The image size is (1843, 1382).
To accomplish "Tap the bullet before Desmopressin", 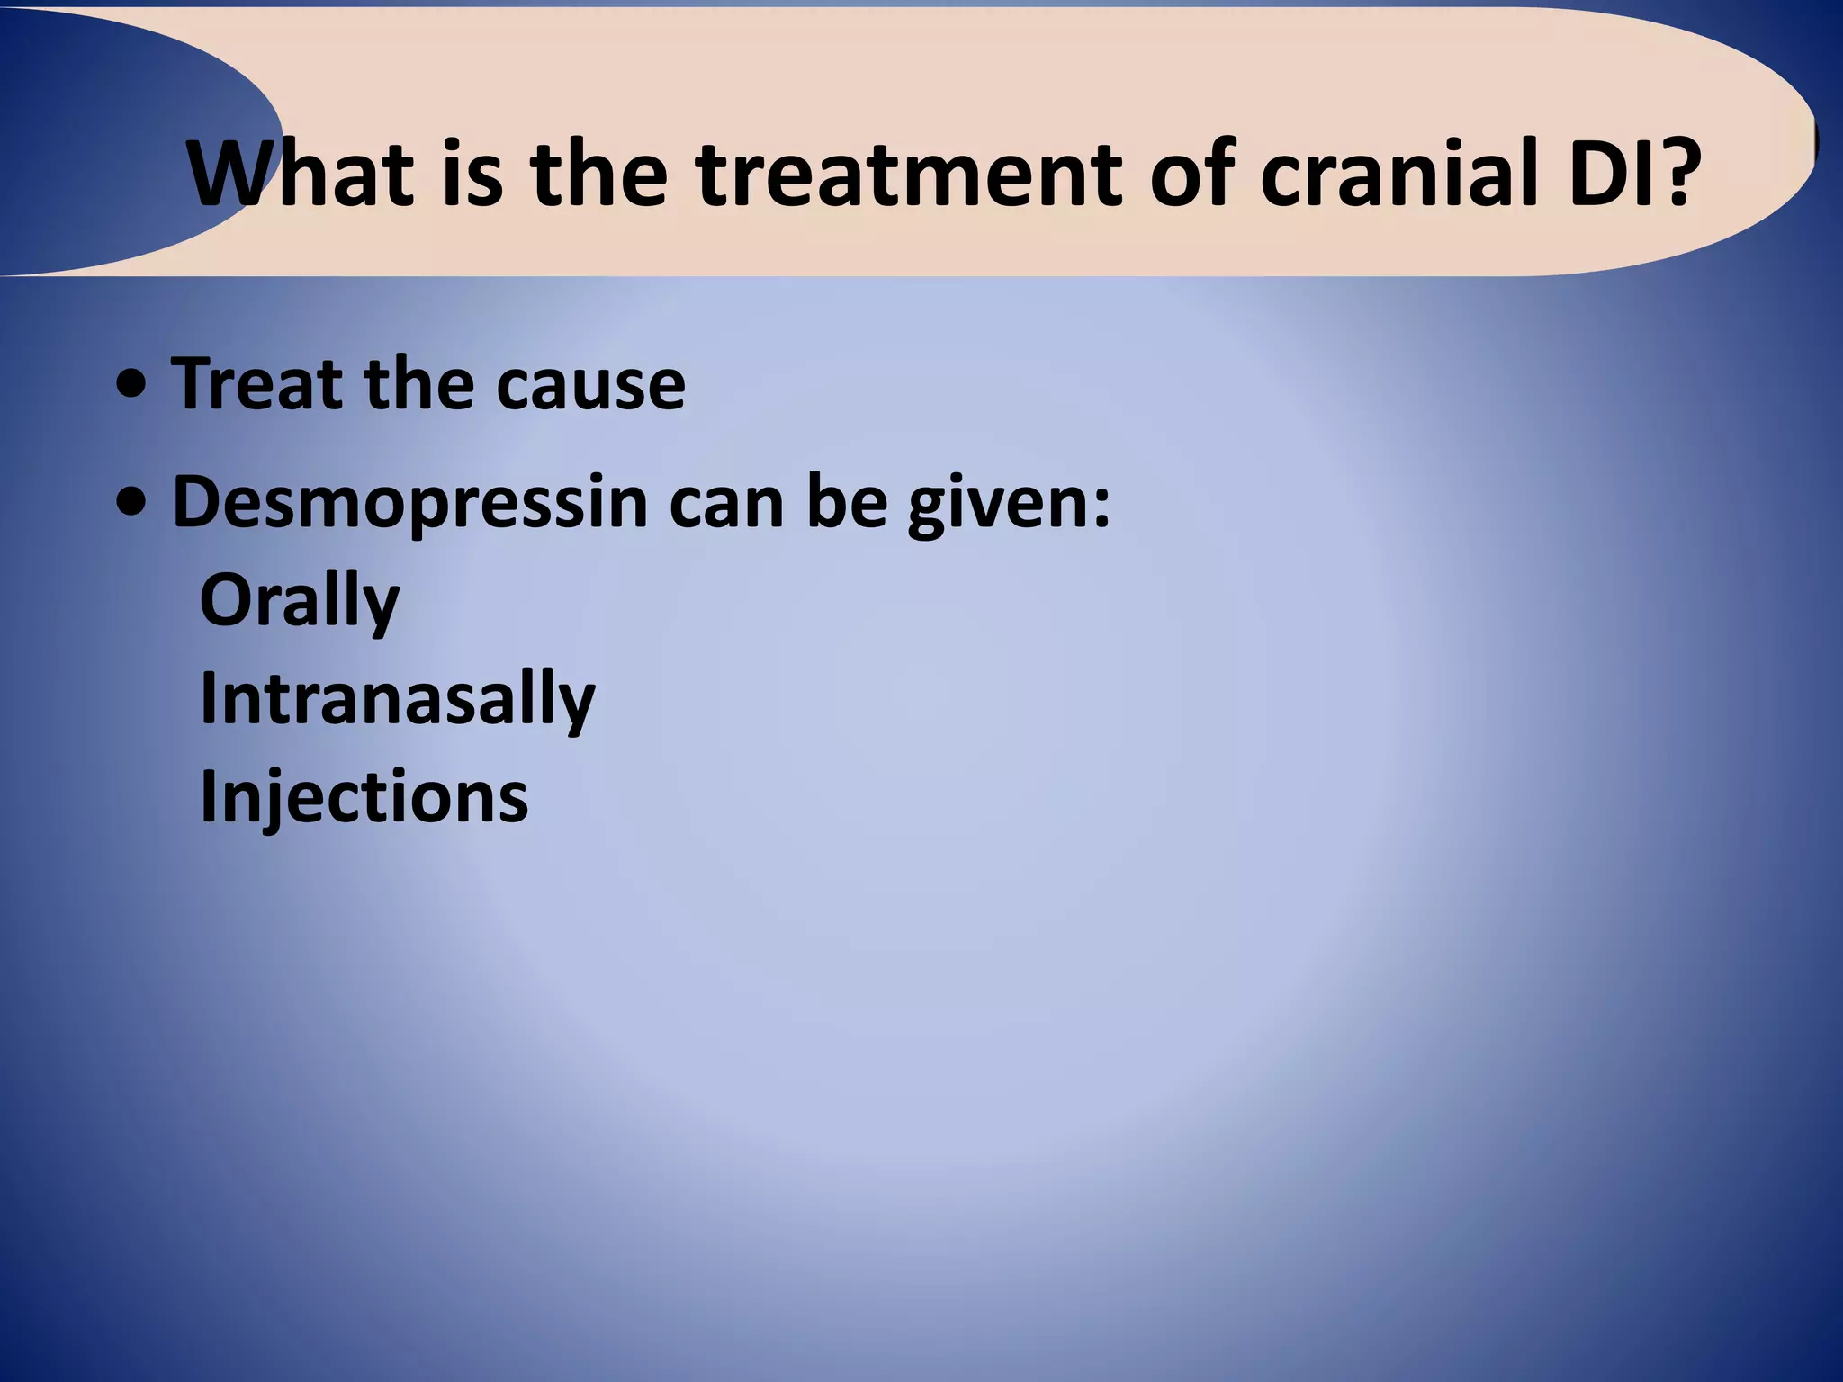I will [x=133, y=505].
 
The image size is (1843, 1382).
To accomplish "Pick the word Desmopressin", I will [x=409, y=504].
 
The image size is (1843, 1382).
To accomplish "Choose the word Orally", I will [x=299, y=602].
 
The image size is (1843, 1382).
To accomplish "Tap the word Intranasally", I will [x=397, y=699].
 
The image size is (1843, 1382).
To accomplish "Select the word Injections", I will [x=364, y=797].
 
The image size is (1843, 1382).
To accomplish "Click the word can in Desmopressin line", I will [x=726, y=504].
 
